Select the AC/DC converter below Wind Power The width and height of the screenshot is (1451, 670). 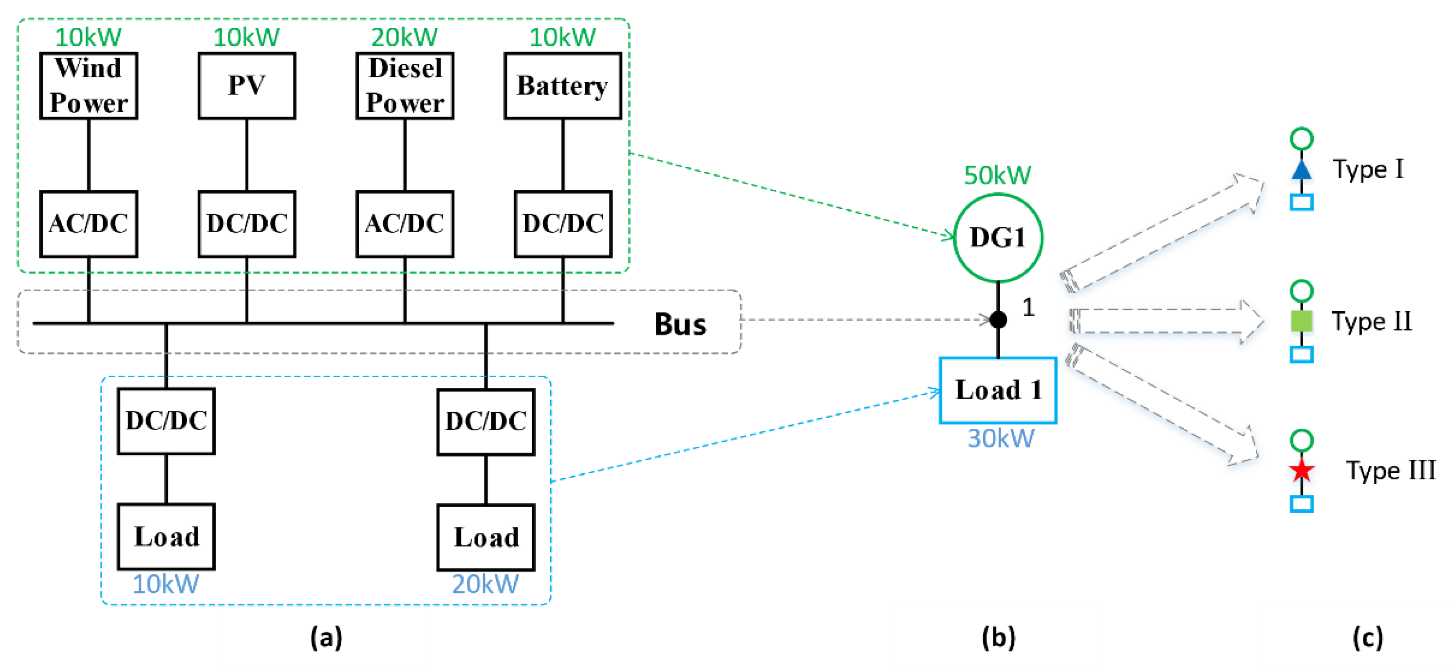88,224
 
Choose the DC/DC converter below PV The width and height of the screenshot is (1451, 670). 247,224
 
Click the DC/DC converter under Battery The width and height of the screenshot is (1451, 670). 563,224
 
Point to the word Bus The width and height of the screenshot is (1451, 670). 680,324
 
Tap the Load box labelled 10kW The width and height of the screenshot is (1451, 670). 166,537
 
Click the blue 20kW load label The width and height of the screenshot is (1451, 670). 485,584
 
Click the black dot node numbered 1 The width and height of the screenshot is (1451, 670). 998,319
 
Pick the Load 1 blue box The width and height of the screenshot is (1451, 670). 998,390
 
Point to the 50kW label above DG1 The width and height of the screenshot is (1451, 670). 997,175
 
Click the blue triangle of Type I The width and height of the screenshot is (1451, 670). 1301,170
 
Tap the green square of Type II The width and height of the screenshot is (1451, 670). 1301,321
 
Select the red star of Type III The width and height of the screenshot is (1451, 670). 1301,471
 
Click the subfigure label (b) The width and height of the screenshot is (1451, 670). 998,638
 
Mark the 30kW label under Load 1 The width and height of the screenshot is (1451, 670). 1000,438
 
